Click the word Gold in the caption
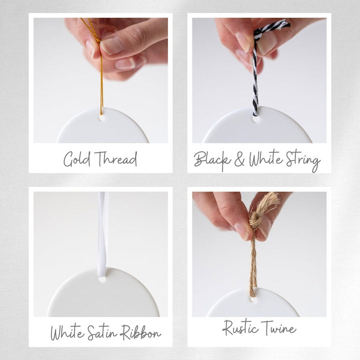[76, 159]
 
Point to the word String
[303, 160]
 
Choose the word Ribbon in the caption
[141, 332]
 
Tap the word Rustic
[240, 328]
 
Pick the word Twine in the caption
[278, 327]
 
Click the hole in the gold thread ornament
[101, 118]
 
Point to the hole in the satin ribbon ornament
[102, 279]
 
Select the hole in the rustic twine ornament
[253, 299]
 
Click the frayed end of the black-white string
[283, 24]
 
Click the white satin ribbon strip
[102, 234]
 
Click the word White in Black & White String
[266, 159]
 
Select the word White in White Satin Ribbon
[67, 332]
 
